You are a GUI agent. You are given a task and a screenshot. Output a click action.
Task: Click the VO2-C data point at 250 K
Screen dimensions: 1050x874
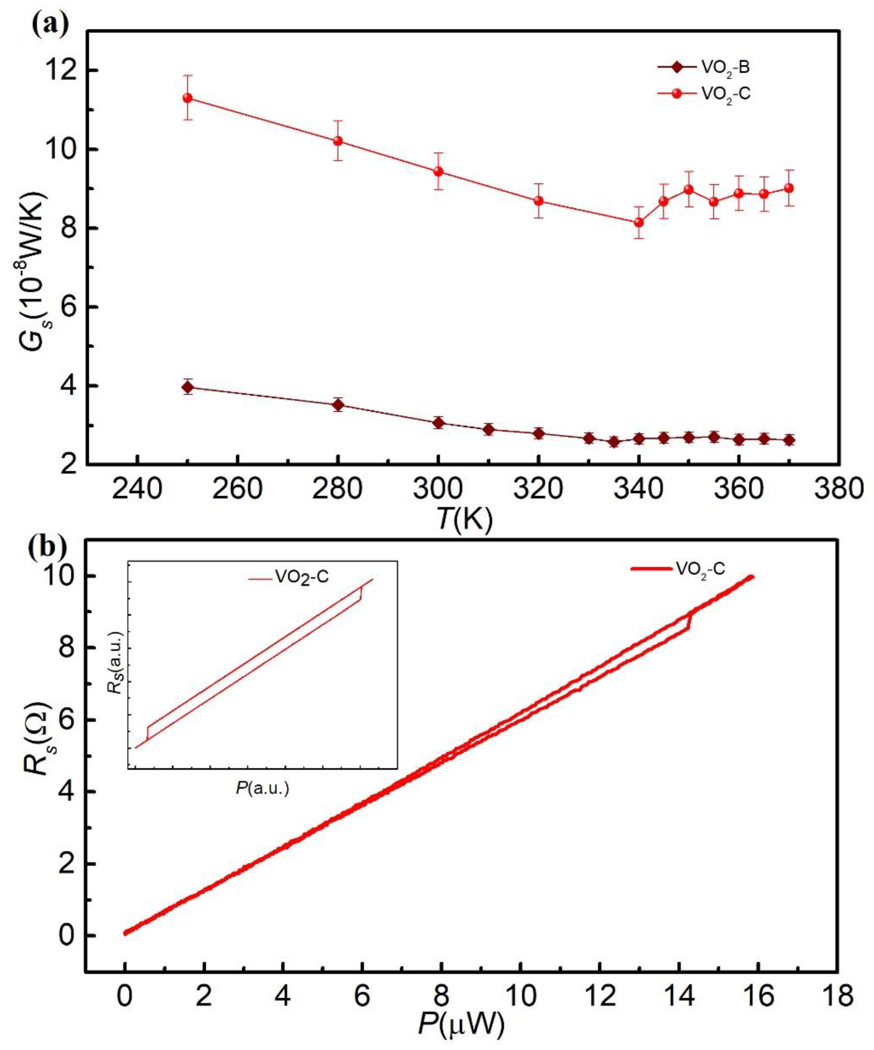coord(188,98)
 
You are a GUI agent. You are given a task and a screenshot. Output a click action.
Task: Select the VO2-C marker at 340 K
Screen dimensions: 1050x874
coord(639,222)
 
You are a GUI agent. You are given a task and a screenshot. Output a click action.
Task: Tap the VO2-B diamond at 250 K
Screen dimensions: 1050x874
coord(188,387)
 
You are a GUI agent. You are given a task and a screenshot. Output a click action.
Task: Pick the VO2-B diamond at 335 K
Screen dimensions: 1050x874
coord(614,442)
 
